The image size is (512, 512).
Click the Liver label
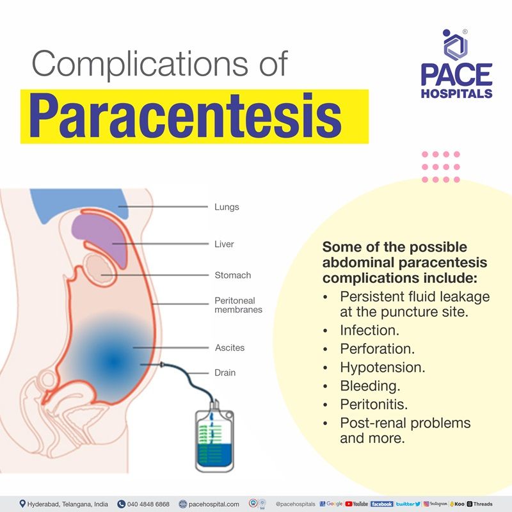[x=224, y=244]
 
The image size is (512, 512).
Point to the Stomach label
[x=232, y=275]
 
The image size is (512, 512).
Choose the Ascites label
[x=229, y=348]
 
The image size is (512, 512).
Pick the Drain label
[x=225, y=372]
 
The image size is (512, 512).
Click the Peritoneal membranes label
[x=238, y=305]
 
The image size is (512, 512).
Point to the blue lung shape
[x=83, y=203]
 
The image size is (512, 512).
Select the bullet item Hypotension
[x=383, y=368]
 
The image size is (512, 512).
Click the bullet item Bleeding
[x=370, y=387]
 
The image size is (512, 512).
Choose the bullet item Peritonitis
[x=374, y=405]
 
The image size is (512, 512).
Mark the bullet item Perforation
[x=377, y=349]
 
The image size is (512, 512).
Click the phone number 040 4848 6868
[x=148, y=504]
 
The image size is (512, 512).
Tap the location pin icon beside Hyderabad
[x=22, y=504]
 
